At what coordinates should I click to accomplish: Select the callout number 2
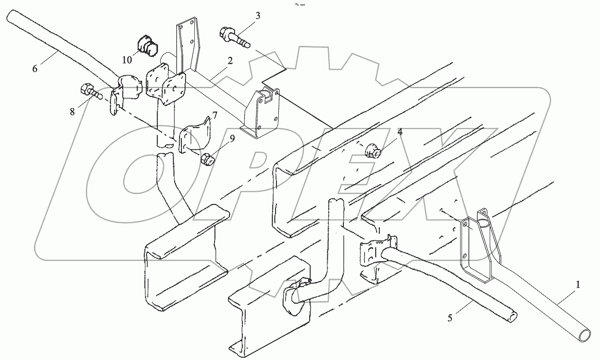[x=229, y=60]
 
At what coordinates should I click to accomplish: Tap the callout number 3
[x=257, y=16]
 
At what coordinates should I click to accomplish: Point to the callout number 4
[x=400, y=132]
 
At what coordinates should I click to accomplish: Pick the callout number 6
[x=35, y=68]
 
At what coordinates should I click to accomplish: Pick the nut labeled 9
[x=207, y=160]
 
